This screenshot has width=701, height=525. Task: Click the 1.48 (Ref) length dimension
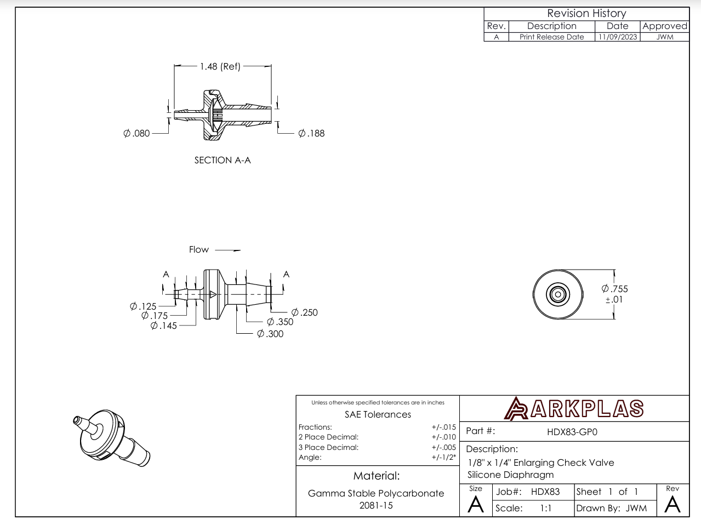[x=220, y=66]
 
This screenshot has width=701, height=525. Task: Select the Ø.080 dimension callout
[x=136, y=133]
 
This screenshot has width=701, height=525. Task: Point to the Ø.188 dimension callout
[x=311, y=133]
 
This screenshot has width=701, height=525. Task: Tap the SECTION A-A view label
[x=223, y=160]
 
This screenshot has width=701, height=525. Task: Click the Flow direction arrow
[x=227, y=250]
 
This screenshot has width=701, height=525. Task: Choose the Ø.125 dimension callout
[x=143, y=306]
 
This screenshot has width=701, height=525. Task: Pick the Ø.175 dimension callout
[x=154, y=316]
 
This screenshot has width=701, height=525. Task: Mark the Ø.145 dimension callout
[x=163, y=326]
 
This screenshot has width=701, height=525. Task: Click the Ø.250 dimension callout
[x=304, y=312]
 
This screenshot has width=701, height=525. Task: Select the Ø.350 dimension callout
[x=280, y=322]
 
